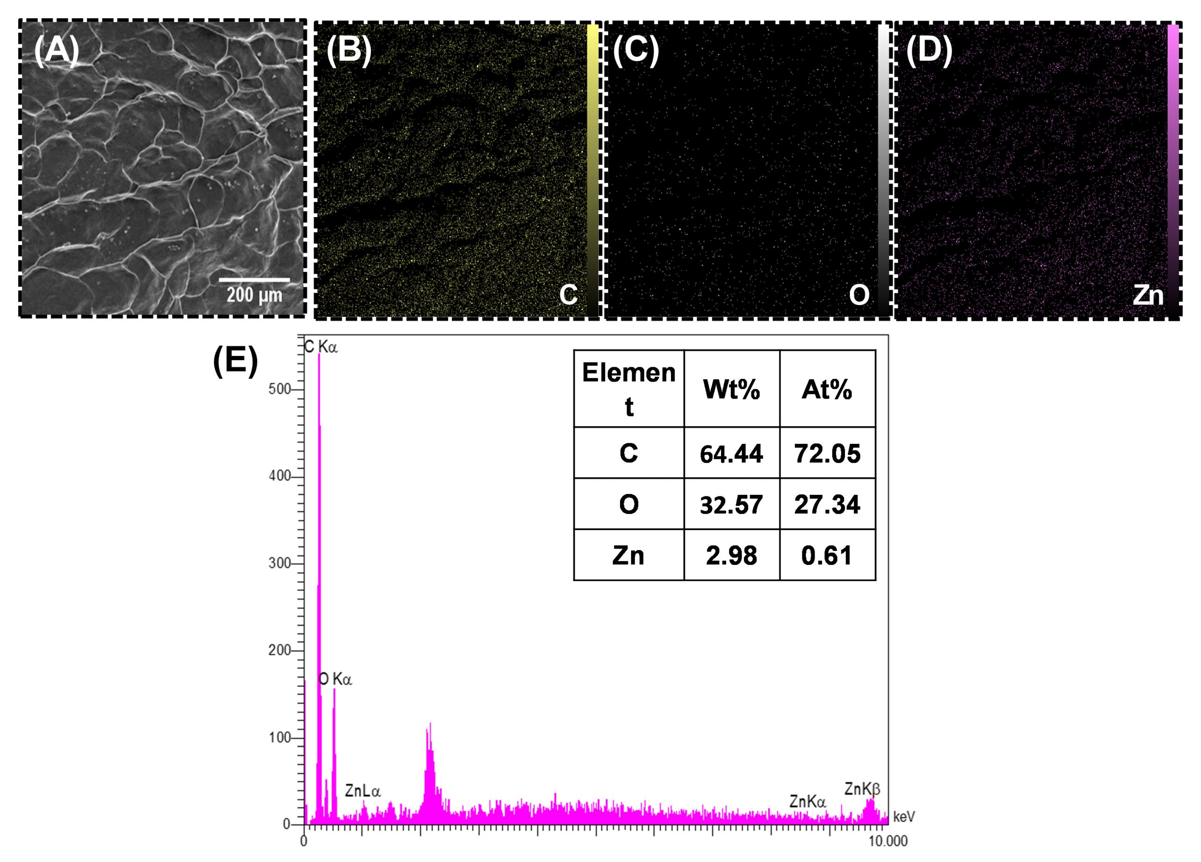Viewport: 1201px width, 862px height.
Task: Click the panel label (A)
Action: tap(56, 51)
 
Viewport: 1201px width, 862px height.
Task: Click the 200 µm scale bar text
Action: tap(254, 295)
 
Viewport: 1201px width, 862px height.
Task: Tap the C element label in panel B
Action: tap(568, 295)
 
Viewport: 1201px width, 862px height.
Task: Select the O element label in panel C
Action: tap(859, 295)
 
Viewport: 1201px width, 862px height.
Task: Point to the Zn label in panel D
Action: tap(1148, 296)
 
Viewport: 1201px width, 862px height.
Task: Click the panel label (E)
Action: tap(235, 361)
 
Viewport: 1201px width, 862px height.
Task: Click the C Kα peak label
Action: tap(320, 348)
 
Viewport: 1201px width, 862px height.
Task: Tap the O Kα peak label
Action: tap(335, 679)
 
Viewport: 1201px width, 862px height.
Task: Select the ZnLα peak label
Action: tap(363, 791)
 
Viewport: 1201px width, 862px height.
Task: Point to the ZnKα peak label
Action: tap(808, 802)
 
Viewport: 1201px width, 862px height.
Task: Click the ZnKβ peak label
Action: tap(862, 789)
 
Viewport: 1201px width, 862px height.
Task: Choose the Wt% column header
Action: tap(731, 390)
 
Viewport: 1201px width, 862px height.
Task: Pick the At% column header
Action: tap(827, 390)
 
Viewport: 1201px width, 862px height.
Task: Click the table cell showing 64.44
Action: tap(731, 454)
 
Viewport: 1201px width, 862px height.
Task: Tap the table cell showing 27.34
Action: tap(827, 505)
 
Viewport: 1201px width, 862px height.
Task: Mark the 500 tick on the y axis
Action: tap(280, 389)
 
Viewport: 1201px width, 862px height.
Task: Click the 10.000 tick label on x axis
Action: tap(888, 841)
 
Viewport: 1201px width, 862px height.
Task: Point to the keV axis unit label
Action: tap(904, 817)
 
